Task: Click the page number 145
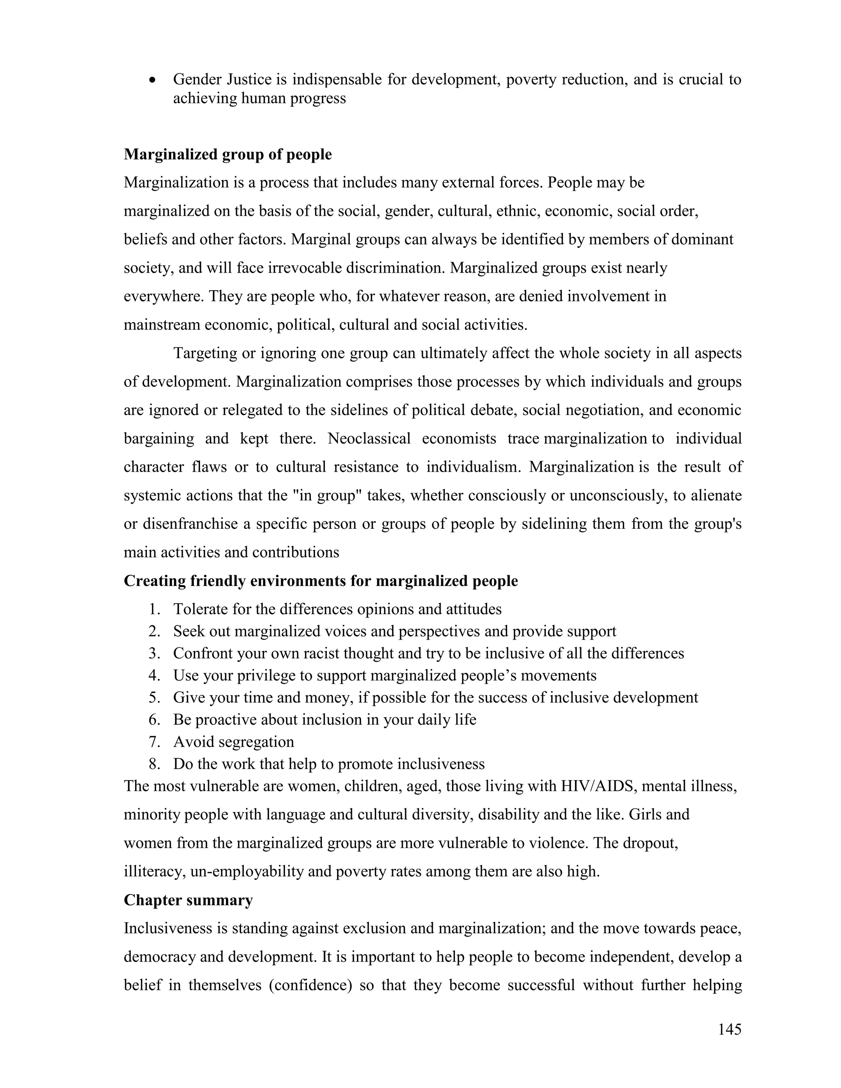coord(729,1029)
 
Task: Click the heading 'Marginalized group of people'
coord(227,154)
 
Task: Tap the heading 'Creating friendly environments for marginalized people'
coord(321,581)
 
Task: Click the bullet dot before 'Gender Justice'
coord(153,80)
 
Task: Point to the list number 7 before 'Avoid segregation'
coord(154,742)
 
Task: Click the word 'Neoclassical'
coord(369,438)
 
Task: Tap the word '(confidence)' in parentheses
coord(310,985)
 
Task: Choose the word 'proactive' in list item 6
coord(226,720)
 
